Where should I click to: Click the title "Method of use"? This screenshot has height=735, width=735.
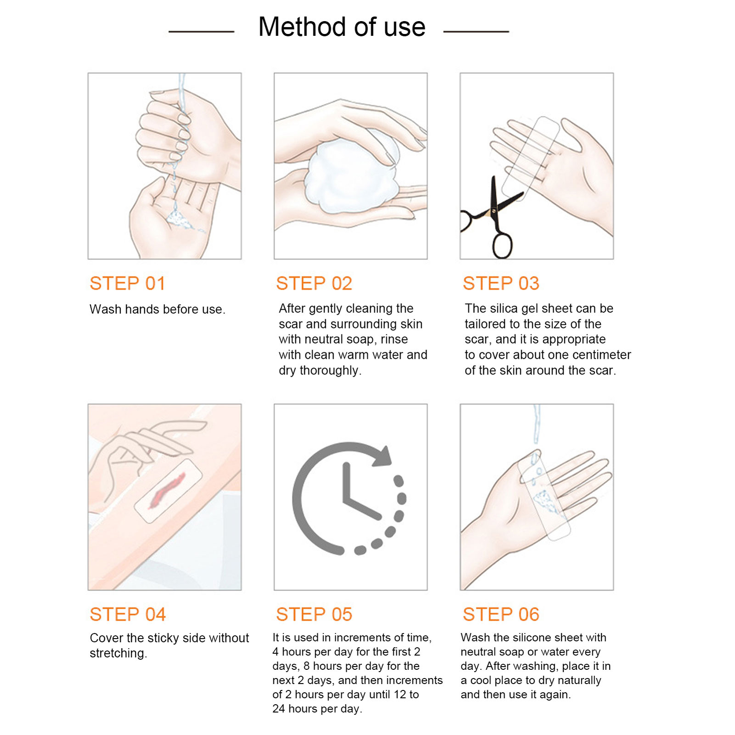tap(342, 27)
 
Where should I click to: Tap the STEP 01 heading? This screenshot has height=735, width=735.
tap(127, 283)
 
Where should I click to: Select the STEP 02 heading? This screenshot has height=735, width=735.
tap(314, 283)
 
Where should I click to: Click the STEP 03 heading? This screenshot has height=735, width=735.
tap(501, 283)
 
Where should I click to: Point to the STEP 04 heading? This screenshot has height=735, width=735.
tap(128, 614)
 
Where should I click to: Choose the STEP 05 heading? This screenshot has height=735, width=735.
tap(314, 614)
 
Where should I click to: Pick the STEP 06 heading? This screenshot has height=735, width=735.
tap(501, 614)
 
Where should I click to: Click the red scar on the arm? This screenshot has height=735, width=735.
tap(167, 490)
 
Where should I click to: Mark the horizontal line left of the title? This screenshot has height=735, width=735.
tap(201, 32)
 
